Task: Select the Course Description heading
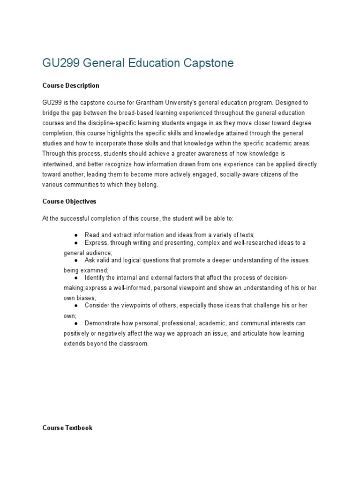point(71,86)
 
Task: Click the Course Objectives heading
point(69,201)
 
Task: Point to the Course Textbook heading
point(67,428)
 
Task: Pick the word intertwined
point(59,164)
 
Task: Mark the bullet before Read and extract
point(76,234)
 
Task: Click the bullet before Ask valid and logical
point(76,260)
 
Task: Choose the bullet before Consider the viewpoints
point(76,306)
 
